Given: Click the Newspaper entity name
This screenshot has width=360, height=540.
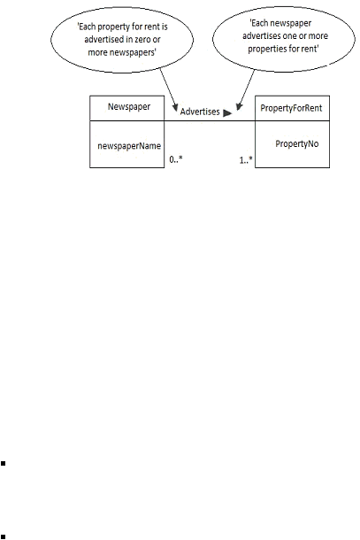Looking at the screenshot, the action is (129, 107).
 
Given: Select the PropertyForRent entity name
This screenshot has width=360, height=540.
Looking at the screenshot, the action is (291, 108).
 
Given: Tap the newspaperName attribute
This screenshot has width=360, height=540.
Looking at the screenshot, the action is (129, 146).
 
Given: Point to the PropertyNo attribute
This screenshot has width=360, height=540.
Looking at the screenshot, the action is (297, 143).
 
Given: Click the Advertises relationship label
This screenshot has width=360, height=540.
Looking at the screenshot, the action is (200, 112).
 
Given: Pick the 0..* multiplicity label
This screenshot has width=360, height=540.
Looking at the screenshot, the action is (176, 159).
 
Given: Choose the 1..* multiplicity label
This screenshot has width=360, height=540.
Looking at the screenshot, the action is (246, 160).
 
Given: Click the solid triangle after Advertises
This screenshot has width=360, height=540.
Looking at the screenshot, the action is (227, 113).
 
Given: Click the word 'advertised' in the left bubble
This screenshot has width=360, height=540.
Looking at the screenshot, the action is (104, 40).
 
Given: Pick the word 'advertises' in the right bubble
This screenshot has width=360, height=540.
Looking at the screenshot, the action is (261, 35).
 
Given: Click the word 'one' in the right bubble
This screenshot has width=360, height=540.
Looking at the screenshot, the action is (290, 36).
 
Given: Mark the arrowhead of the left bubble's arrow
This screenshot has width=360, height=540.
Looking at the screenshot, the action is (175, 107).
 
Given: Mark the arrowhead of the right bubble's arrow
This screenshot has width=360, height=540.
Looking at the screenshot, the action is (239, 107).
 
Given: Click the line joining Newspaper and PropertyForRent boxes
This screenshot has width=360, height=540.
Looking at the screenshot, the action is (210, 120).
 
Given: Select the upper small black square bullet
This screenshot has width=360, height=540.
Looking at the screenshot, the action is (4, 464).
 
